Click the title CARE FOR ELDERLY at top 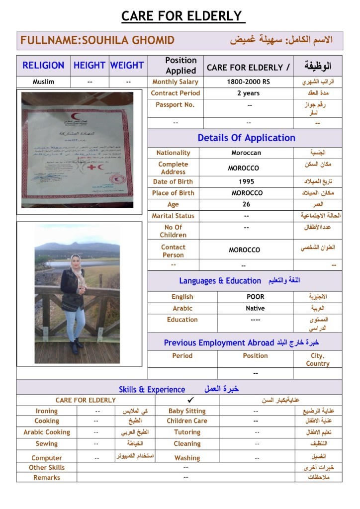tap(181, 16)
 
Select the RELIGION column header tap(43, 65)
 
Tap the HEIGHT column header tap(90, 65)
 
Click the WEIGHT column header tap(127, 65)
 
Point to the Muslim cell tap(43, 82)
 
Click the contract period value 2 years tap(248, 93)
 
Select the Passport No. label tap(175, 105)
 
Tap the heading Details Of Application tap(246, 138)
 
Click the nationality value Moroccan tap(246, 153)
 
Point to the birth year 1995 tap(246, 181)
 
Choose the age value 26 tap(246, 204)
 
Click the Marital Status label tap(173, 216)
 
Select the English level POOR tap(255, 297)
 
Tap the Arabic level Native tap(255, 308)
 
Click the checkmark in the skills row tap(191, 400)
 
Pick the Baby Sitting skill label tap(187, 411)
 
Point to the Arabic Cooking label tap(47, 432)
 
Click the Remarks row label tap(47, 478)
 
